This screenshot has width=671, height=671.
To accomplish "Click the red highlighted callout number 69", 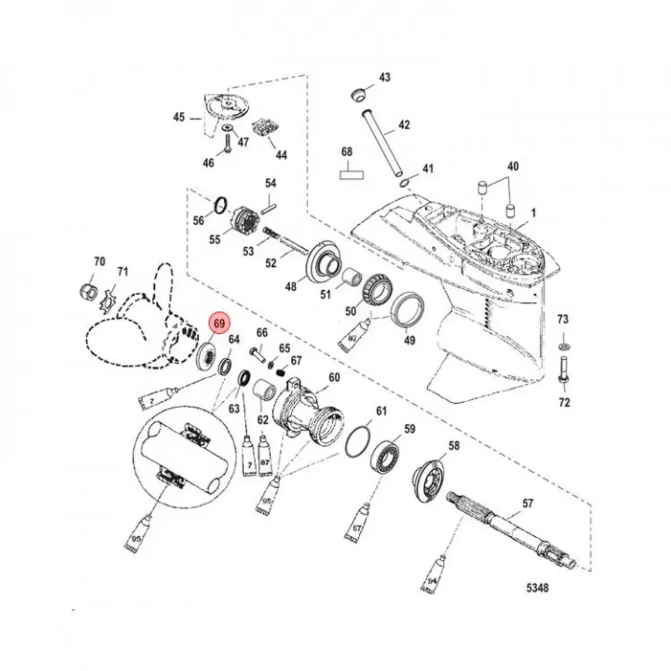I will pos(219,324).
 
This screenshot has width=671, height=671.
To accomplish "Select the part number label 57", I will pos(527,503).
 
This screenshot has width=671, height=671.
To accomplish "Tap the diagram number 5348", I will pos(537,588).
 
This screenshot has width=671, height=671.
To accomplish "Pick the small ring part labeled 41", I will pos(407,182).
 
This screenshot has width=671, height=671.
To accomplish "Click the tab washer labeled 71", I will pos(107,296).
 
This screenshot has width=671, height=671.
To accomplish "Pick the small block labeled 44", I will pos(266,127).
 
